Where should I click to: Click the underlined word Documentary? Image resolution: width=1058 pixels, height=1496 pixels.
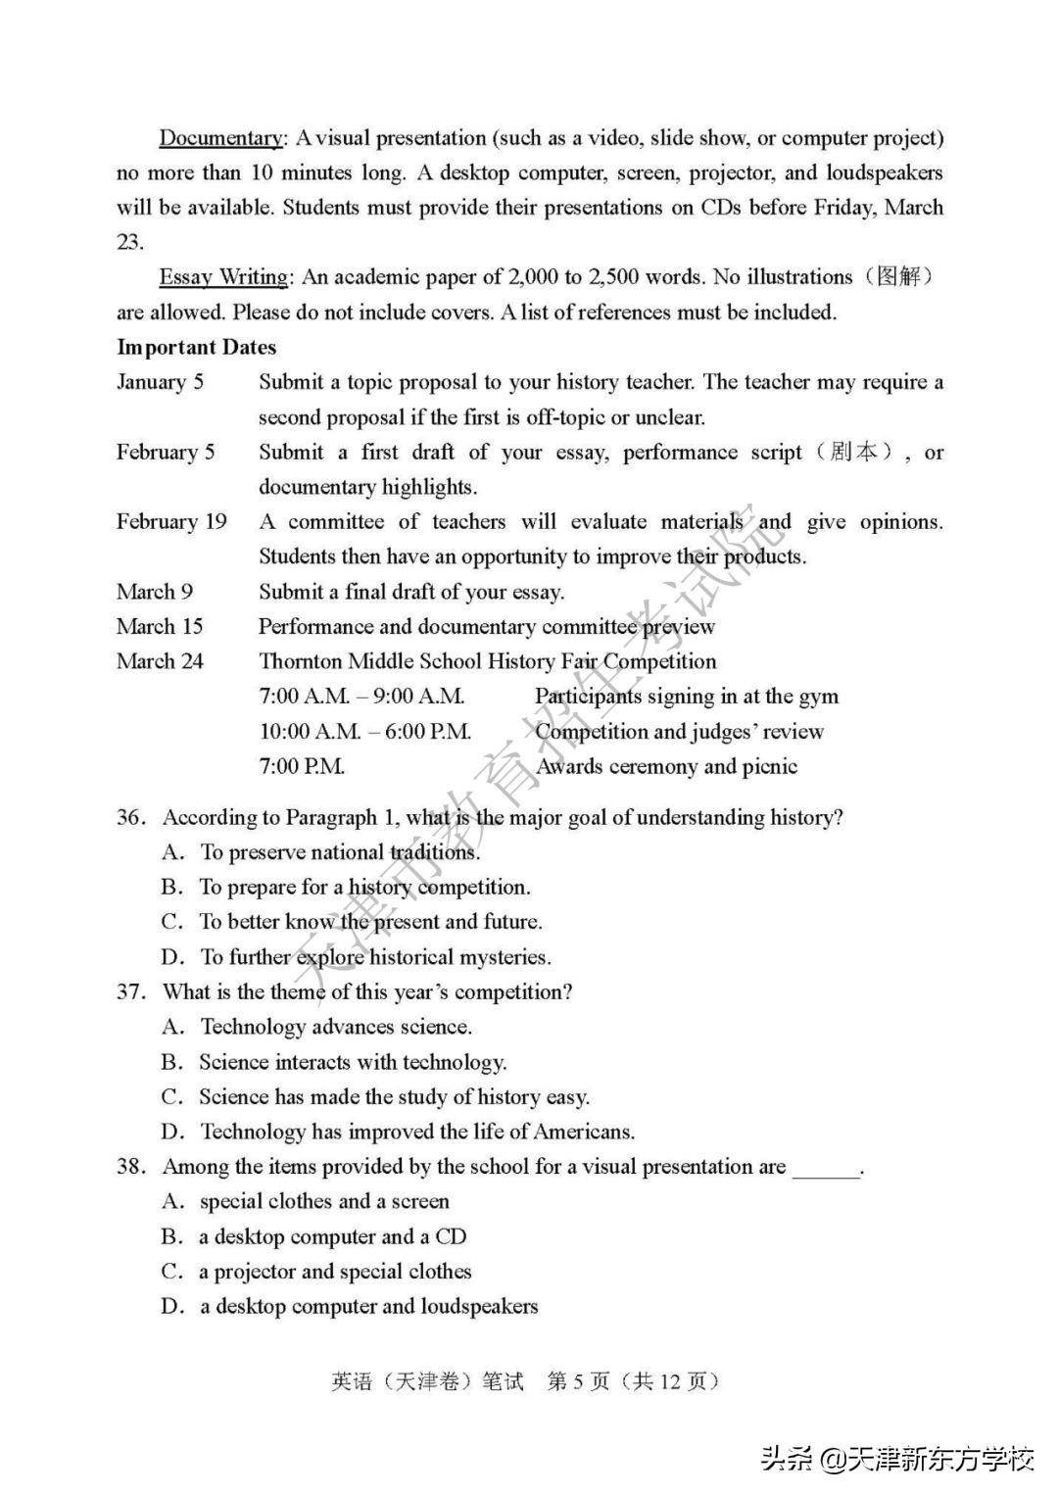221,138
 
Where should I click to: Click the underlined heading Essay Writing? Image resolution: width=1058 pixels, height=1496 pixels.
224,277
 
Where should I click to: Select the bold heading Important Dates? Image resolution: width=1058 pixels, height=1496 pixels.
197,347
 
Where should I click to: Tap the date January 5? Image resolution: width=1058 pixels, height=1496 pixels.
161,382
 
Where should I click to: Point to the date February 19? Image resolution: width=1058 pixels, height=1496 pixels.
171,521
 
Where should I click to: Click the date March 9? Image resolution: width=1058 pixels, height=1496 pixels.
155,592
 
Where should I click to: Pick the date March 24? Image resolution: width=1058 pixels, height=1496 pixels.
160,661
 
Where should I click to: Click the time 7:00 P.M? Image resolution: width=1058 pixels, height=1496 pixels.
302,766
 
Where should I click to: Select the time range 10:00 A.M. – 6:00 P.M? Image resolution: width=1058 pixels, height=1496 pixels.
365,731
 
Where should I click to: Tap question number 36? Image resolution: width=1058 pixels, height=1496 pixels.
131,817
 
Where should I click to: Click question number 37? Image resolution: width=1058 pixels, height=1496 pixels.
131,991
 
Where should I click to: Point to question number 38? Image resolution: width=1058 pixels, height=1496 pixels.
131,1166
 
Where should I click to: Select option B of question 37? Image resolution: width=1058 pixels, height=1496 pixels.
353,1062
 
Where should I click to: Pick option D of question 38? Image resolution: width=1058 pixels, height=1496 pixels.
368,1306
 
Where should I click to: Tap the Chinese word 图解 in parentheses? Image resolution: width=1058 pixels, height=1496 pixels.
899,277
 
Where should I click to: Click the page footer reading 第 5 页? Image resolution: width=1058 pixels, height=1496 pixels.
578,1381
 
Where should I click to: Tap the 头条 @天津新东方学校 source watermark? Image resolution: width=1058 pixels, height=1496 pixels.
897,1460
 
